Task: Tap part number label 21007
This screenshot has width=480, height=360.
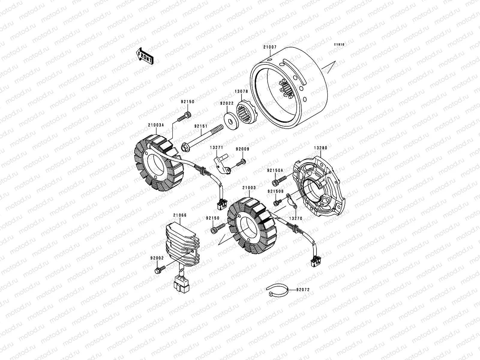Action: tap(270, 47)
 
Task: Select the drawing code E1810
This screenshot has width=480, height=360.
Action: tap(340, 45)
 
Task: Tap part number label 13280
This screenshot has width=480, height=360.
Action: tap(320, 148)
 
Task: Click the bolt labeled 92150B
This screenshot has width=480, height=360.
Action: tap(277, 202)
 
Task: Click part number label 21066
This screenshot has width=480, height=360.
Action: tap(180, 215)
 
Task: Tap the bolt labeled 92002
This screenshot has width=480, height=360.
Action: tap(160, 269)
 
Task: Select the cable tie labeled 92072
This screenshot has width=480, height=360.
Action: tap(277, 290)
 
